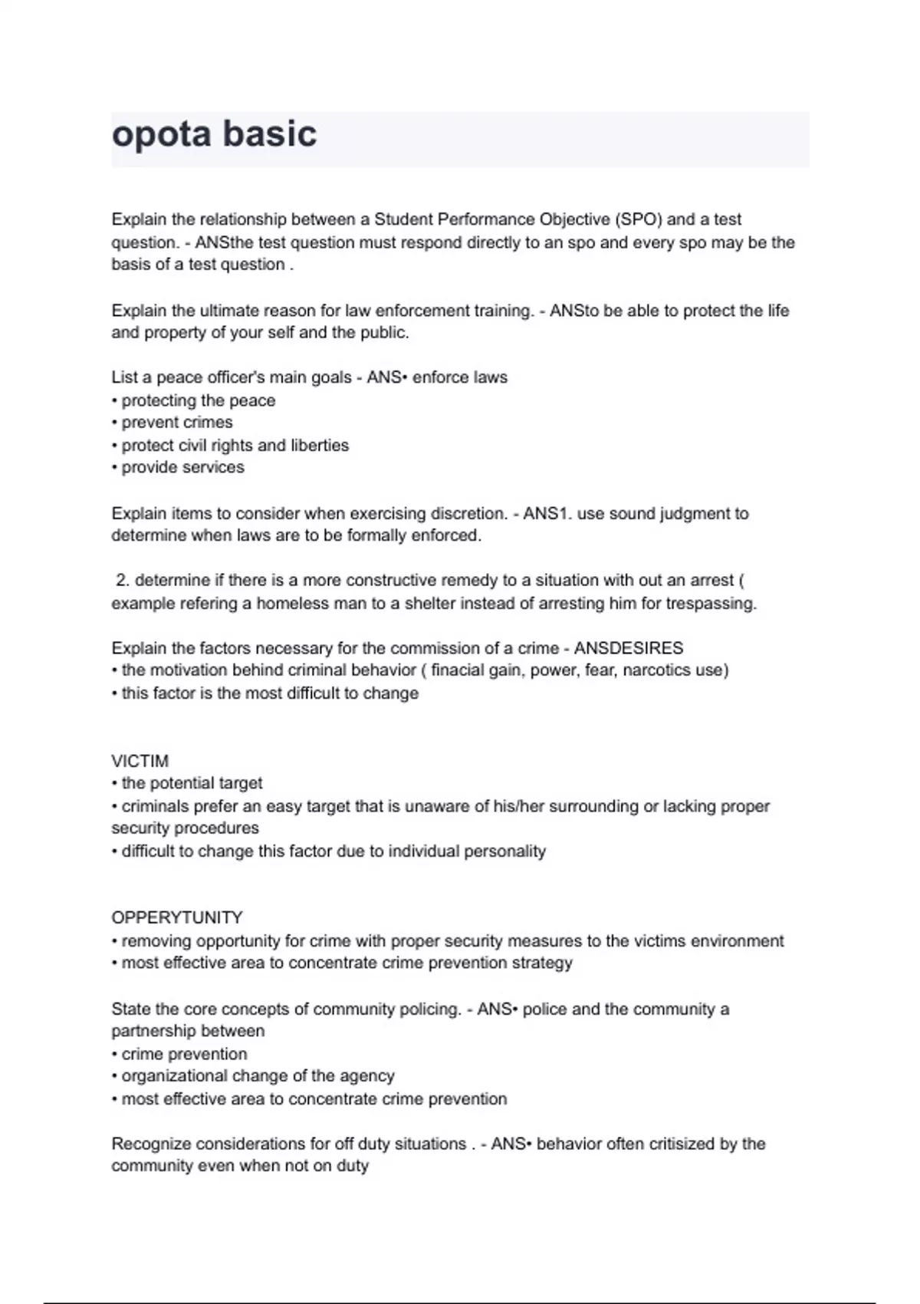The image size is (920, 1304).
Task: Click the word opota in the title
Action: coord(161,135)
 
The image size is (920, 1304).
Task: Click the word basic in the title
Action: coord(270,133)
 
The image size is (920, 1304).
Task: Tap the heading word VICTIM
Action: coord(140,761)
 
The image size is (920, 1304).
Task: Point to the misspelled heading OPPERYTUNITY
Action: coord(176,917)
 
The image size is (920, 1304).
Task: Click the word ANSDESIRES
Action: coord(629,648)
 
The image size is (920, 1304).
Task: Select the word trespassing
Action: coord(710,604)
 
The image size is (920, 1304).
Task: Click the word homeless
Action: coord(292,604)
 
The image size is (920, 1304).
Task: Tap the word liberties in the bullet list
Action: coord(320,446)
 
